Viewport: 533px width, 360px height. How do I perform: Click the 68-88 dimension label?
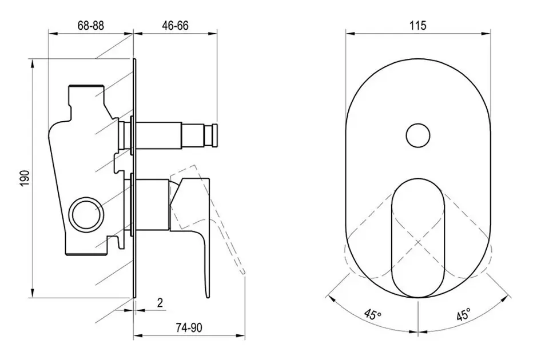(x=91, y=26)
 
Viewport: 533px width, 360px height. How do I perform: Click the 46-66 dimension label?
(x=175, y=26)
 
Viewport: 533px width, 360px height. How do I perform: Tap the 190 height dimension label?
(x=25, y=178)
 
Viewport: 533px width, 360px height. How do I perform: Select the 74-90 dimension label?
(x=189, y=327)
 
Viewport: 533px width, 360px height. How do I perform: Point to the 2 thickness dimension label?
(x=160, y=302)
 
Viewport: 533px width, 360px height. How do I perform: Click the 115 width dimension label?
(x=418, y=26)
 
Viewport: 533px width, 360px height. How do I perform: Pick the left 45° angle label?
(x=373, y=314)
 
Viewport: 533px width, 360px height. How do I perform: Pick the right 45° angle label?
(x=463, y=314)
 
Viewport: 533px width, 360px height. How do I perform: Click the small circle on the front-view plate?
(x=418, y=135)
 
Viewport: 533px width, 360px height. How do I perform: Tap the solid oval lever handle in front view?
(x=418, y=238)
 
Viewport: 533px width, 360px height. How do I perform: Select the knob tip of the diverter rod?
(x=215, y=135)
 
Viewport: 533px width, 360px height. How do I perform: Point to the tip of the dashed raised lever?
(x=242, y=271)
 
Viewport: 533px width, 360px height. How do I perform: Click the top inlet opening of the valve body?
(x=86, y=86)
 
